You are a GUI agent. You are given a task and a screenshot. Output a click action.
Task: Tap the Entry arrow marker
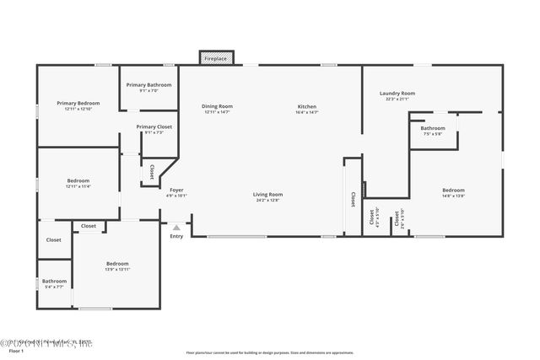point(176,227)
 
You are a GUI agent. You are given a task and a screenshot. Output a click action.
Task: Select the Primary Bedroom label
point(73,103)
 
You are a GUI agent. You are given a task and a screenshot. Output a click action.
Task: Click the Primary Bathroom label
point(148,85)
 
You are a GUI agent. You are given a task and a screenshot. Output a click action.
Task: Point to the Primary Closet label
point(154,126)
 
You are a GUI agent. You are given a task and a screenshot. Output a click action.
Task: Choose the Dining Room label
point(217,106)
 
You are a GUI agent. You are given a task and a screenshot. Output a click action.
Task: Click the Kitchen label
point(306,106)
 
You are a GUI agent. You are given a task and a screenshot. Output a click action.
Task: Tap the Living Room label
point(267,195)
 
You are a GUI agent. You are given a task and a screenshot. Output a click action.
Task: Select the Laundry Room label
point(397,93)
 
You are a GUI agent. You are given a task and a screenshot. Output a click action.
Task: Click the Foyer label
point(176,190)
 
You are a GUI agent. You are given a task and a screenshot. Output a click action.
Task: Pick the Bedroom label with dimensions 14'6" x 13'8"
point(453,191)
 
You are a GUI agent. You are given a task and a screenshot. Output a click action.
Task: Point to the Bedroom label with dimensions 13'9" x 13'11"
point(117,264)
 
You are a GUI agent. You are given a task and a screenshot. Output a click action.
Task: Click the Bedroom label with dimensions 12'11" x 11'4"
point(78,180)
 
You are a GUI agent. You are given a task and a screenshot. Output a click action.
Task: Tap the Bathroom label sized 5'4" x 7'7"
point(54,282)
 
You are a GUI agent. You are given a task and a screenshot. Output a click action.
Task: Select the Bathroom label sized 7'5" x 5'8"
point(433,128)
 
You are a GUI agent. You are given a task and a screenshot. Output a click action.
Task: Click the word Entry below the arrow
point(176,236)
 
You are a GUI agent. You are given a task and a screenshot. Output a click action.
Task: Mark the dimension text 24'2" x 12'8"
point(267,201)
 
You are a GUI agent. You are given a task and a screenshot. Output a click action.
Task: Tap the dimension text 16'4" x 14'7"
point(306,111)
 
